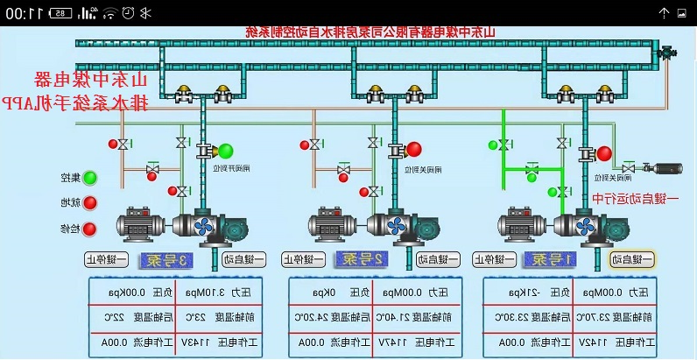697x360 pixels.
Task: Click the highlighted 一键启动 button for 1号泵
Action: coord(632,259)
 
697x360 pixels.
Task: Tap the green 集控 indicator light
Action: coord(89,178)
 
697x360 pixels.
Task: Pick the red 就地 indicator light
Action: coord(89,203)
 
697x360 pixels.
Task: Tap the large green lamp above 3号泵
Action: coord(226,151)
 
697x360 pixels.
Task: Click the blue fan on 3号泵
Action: coord(203,227)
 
